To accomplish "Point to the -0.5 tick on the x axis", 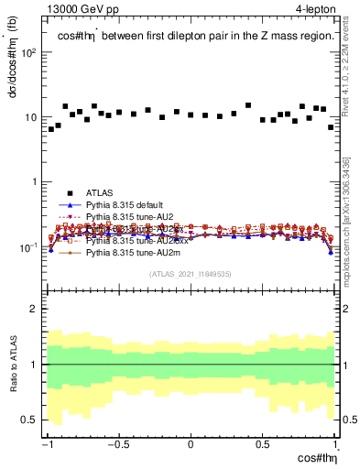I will click(119, 444).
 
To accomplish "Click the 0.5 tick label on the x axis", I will click(263, 444).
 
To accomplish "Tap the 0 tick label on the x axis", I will click(191, 444).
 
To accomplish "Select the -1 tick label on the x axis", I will click(48, 444).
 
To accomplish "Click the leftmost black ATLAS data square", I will click(51, 129).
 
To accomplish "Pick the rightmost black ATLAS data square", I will click(331, 127).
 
